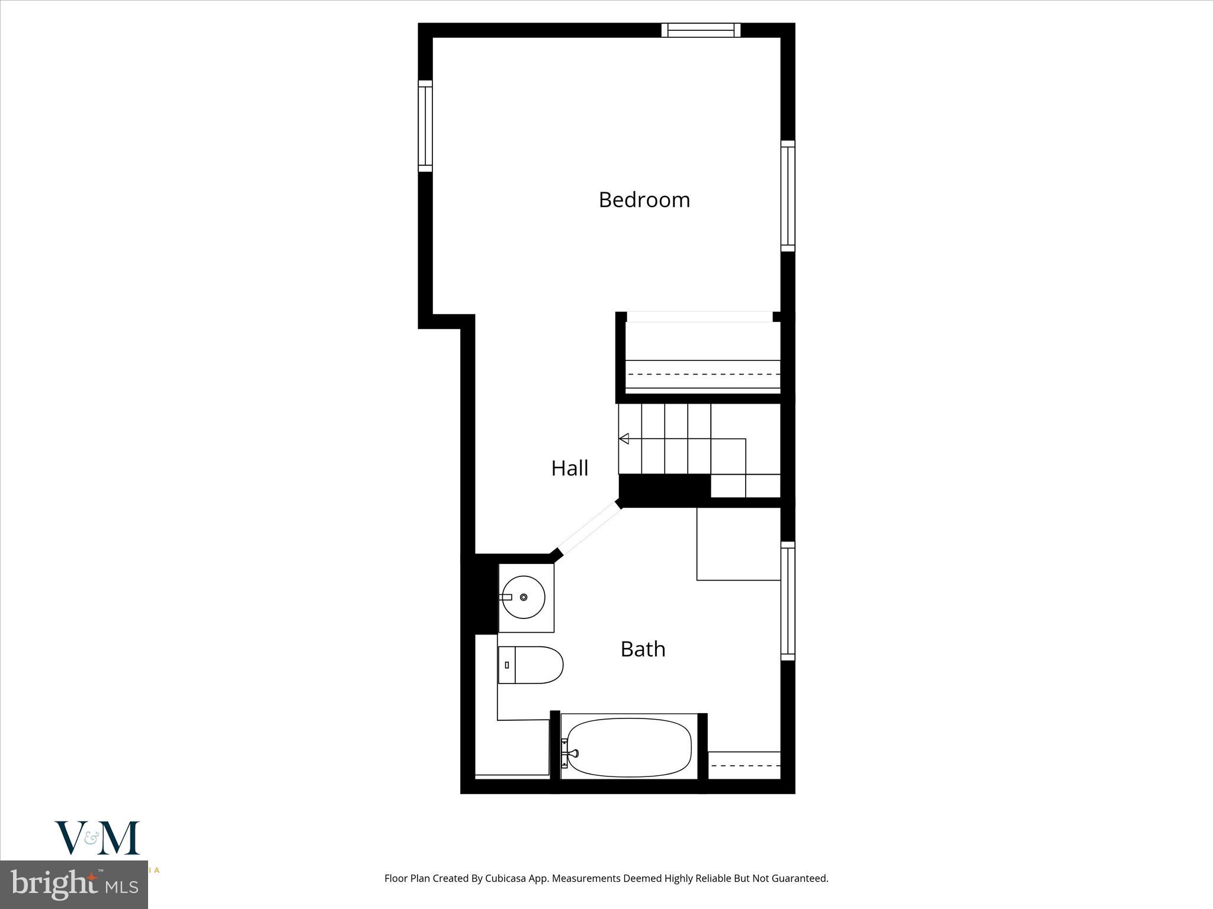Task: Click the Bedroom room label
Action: click(644, 200)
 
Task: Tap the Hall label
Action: click(570, 469)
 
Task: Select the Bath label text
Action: click(643, 649)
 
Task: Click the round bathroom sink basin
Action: click(524, 597)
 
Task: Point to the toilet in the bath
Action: click(531, 665)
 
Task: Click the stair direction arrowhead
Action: click(624, 439)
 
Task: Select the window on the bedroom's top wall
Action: click(701, 30)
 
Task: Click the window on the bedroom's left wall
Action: click(425, 126)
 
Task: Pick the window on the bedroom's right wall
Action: click(788, 196)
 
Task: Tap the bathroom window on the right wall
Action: click(788, 601)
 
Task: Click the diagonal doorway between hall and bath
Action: click(590, 529)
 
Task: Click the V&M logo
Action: click(97, 839)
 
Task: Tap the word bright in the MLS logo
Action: click(53, 884)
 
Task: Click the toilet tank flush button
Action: click(507, 665)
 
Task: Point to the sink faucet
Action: click(507, 597)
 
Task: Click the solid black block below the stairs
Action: click(665, 490)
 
